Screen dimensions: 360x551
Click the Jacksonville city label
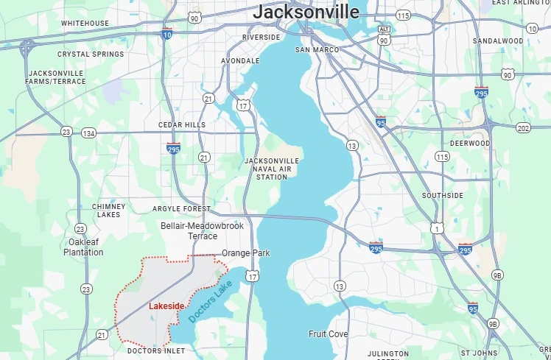click(x=306, y=12)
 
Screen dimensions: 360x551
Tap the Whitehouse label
click(x=85, y=24)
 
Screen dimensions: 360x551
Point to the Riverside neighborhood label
click(x=262, y=38)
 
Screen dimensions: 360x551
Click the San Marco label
click(x=317, y=50)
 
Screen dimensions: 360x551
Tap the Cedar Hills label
click(x=182, y=125)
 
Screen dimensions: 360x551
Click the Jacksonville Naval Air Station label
click(x=271, y=169)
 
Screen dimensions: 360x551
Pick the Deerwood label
click(x=469, y=144)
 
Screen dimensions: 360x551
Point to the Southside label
click(x=443, y=196)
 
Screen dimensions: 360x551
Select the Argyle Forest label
click(x=181, y=209)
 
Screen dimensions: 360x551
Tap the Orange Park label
click(x=246, y=253)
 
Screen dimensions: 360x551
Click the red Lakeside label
click(x=166, y=306)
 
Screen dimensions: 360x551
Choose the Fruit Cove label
click(x=329, y=334)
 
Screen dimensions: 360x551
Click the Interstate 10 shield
click(x=167, y=34)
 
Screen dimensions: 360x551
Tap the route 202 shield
click(x=523, y=128)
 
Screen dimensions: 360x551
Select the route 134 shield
click(x=89, y=133)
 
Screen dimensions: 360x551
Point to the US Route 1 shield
click(x=438, y=229)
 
